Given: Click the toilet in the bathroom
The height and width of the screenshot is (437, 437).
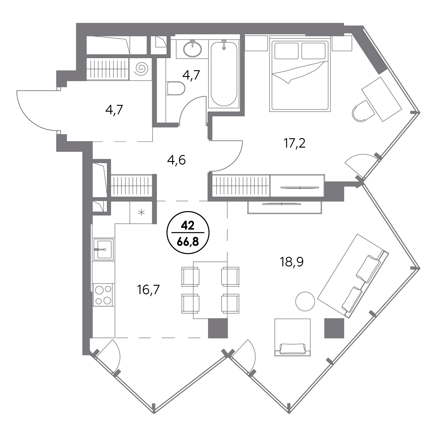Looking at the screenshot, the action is pos(176,88).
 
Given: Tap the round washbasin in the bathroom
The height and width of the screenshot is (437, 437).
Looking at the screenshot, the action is pos(192,49).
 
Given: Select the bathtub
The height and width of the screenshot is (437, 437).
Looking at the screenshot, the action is pos(224,74).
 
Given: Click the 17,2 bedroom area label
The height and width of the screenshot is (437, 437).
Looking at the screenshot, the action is pos(294,143).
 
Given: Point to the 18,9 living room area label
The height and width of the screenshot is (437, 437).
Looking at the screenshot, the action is pos(292,263).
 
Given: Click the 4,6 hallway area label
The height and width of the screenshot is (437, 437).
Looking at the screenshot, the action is pos(176,160).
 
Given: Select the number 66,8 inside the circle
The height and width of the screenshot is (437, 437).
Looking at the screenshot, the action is pos(188,242).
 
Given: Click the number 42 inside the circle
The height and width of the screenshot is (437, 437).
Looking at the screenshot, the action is pos(188,226).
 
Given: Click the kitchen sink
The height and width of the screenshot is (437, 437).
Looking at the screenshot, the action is pos(104,249).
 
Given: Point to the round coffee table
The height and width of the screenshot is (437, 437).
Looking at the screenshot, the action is pos(305,301).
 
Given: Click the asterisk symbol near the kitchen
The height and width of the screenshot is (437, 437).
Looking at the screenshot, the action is pos(142,212).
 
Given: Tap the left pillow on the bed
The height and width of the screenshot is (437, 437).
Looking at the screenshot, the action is pos(286,51).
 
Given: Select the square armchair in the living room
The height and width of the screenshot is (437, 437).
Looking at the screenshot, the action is pos(292,337).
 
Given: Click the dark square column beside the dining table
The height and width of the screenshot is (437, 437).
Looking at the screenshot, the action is pos(218,328).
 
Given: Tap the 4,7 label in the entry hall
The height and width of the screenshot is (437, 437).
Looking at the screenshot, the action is pos(114,110).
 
